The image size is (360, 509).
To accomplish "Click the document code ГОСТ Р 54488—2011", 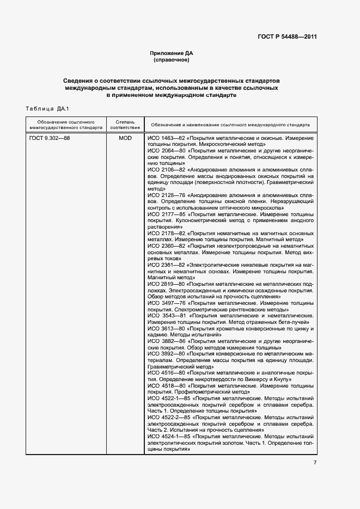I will (287, 37).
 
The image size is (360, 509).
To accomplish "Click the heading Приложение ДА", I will (172, 53).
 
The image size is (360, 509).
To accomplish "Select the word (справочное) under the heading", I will (172, 59).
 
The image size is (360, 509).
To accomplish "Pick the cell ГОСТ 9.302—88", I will (50, 138).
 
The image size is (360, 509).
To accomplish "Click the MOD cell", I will (125, 138).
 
